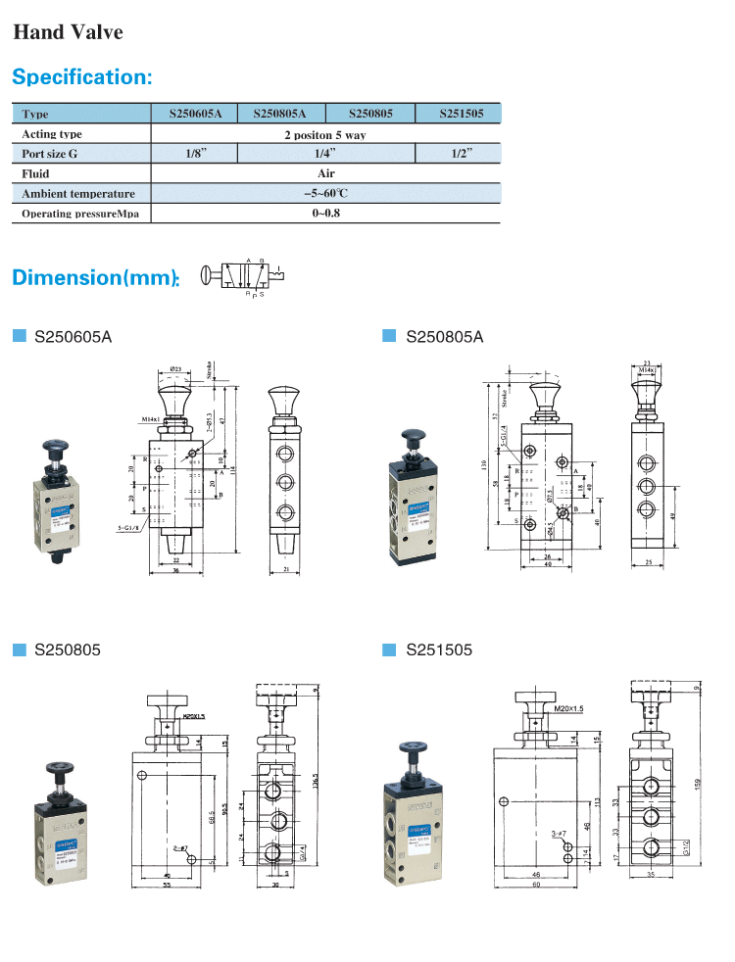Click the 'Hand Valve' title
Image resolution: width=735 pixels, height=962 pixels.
click(68, 32)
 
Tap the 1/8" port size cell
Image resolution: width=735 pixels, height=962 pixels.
click(196, 153)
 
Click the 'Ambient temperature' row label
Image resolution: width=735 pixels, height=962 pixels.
click(78, 194)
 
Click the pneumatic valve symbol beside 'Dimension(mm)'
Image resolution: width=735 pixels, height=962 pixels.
click(240, 276)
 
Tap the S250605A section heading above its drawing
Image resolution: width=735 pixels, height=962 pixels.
click(73, 337)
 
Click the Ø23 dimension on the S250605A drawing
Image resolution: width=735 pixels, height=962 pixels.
click(176, 368)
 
